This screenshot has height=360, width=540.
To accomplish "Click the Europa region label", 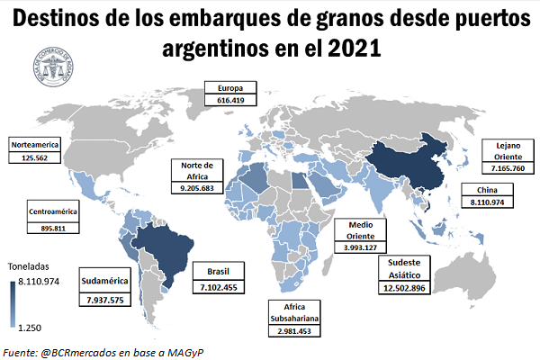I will pos(231,89).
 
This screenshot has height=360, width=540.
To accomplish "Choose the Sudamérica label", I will pos(105,280).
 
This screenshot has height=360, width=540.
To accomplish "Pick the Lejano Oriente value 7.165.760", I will pos(509,168).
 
